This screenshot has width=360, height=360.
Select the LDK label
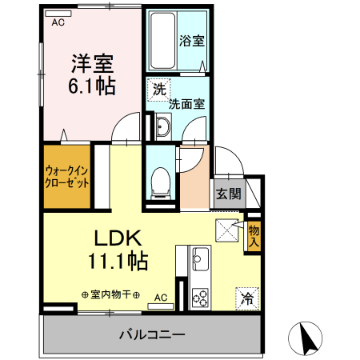coord(118,238)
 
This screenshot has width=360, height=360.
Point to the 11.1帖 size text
coord(118,260)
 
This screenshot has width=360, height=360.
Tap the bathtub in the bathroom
coord(159,41)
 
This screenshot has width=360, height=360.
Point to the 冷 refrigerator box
coord(247,299)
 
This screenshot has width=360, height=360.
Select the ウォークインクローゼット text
coord(66,176)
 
